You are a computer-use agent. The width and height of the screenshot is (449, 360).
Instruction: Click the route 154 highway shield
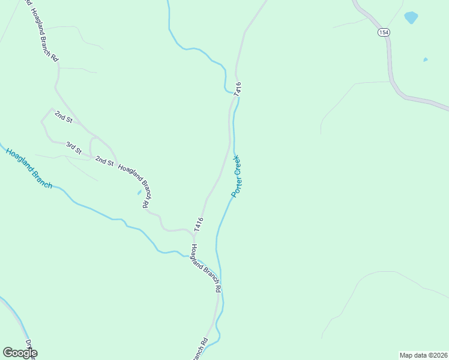383,32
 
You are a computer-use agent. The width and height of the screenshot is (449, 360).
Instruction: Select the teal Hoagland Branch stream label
29,168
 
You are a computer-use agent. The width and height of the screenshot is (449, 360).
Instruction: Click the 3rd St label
73,147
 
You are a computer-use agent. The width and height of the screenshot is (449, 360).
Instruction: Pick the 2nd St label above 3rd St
63,116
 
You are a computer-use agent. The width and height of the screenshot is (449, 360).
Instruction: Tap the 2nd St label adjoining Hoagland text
104,161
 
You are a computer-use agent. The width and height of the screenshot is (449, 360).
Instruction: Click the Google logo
20,352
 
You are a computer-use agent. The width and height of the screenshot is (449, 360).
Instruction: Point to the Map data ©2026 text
423,355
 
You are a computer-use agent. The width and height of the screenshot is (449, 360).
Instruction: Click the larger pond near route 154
411,17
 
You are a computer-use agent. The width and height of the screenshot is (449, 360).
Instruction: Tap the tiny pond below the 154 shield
426,59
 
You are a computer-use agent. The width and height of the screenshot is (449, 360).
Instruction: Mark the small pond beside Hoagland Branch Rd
139,193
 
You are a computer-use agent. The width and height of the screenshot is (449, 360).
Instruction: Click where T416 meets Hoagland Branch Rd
194,232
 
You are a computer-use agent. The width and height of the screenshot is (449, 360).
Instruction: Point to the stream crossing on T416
235,93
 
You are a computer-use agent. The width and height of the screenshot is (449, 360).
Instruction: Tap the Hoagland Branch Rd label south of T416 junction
206,268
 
